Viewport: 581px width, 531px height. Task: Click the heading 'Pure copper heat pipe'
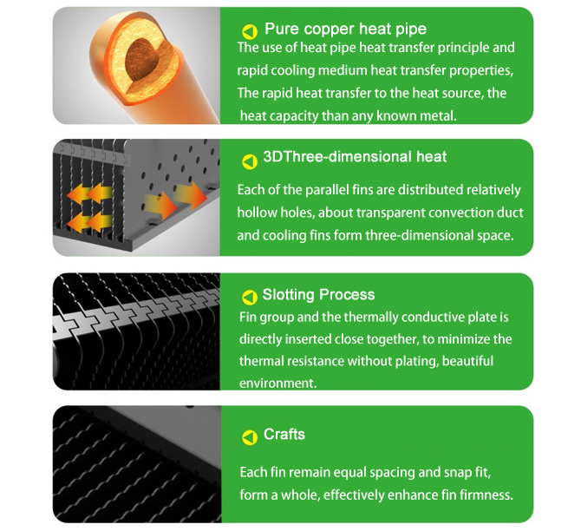click(x=345, y=29)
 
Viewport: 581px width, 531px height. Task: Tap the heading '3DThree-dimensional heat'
click(x=355, y=157)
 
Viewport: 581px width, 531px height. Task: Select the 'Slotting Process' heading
click(x=318, y=295)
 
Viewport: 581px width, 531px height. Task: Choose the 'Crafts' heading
click(x=284, y=434)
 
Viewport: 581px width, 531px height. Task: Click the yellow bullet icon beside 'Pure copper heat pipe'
click(x=250, y=32)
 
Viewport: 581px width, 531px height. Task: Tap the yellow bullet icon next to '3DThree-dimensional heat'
click(x=250, y=161)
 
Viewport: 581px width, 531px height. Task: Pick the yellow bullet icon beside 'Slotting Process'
click(x=250, y=298)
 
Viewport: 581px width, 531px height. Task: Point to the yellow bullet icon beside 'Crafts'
click(x=250, y=437)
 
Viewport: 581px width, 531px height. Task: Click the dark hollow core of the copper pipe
click(x=141, y=59)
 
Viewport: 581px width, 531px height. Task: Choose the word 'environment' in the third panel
click(x=277, y=383)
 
